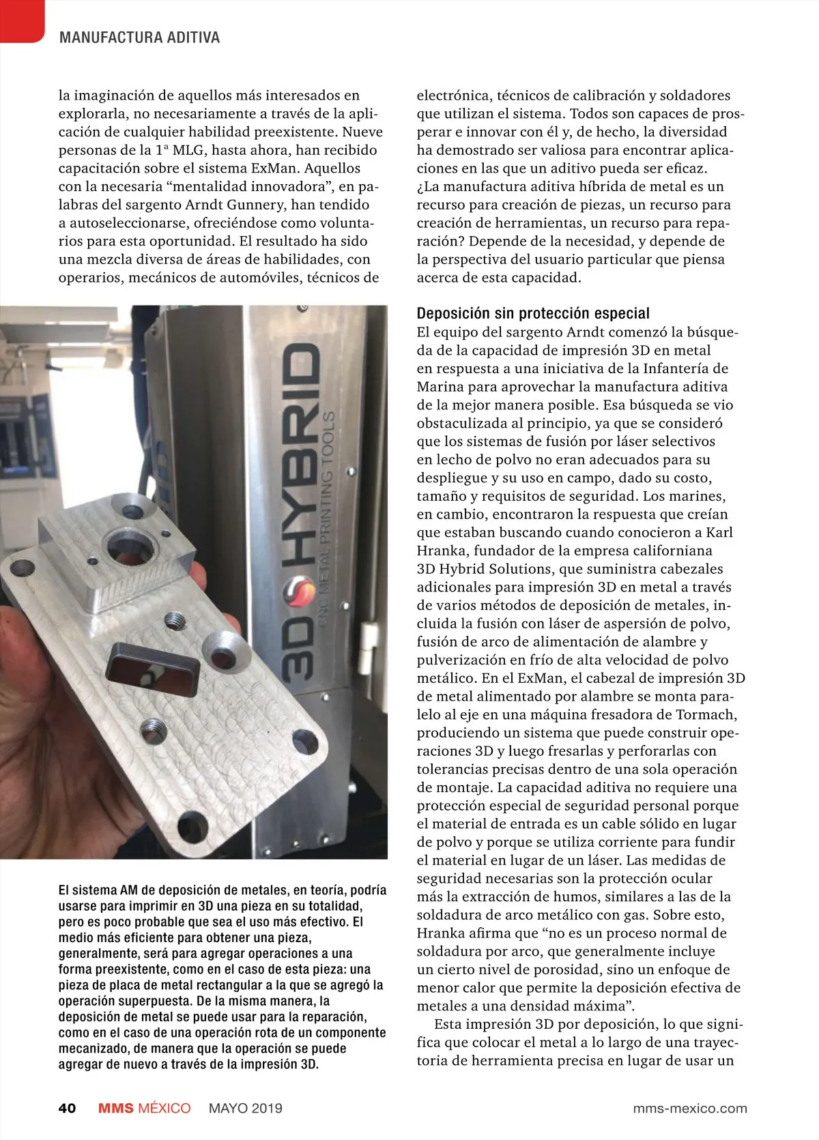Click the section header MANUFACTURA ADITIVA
tap(139, 38)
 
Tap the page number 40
tap(67, 1108)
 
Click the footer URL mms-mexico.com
tap(689, 1108)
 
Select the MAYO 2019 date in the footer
tap(245, 1108)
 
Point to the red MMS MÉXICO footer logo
tap(144, 1108)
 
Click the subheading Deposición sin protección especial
tap(533, 313)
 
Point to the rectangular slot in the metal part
tap(152, 667)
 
